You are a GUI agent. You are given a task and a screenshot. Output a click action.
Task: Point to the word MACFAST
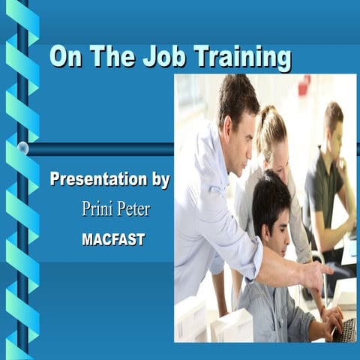(x=113, y=240)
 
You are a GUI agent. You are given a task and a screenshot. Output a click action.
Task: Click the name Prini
(x=98, y=209)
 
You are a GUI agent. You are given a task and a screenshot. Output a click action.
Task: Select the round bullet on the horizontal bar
(x=22, y=148)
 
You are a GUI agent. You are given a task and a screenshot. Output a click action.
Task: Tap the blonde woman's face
(x=275, y=150)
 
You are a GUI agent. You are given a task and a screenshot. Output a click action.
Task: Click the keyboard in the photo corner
(x=346, y=329)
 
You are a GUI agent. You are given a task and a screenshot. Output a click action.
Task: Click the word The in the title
(x=112, y=57)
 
